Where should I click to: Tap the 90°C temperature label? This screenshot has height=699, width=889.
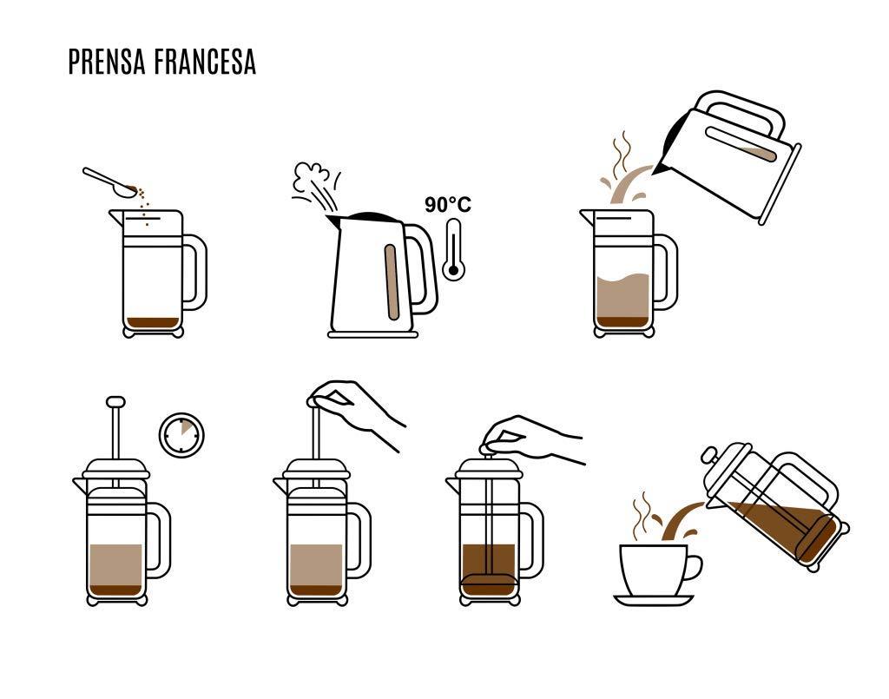pos(448,205)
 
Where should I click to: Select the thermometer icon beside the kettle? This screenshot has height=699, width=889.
pos(453,249)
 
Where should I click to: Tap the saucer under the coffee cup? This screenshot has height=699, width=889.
pos(654,600)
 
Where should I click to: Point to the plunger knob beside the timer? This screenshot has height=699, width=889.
pos(115,402)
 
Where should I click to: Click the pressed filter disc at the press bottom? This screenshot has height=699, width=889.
pos(489,582)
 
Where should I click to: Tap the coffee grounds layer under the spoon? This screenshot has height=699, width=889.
pos(153,323)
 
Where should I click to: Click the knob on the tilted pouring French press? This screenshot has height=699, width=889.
pos(709,455)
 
